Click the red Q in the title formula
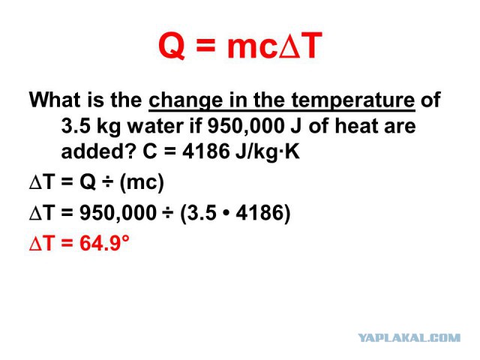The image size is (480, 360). click(x=172, y=46)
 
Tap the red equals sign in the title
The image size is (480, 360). click(x=205, y=46)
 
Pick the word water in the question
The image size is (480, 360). click(x=155, y=126)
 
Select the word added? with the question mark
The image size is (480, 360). click(x=98, y=151)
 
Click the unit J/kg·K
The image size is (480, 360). click(x=268, y=152)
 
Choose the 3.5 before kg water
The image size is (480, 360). click(x=76, y=126)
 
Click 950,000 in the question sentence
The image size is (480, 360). click(x=246, y=126)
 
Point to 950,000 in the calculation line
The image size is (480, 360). click(x=118, y=212)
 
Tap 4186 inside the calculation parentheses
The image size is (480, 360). click(x=259, y=212)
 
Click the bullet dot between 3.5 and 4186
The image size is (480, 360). click(x=226, y=213)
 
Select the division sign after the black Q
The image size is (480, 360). click(x=108, y=182)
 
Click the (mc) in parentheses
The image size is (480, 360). click(x=142, y=183)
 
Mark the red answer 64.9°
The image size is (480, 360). click(x=104, y=243)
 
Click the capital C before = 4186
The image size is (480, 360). click(x=150, y=151)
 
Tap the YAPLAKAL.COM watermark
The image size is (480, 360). click(x=409, y=338)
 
